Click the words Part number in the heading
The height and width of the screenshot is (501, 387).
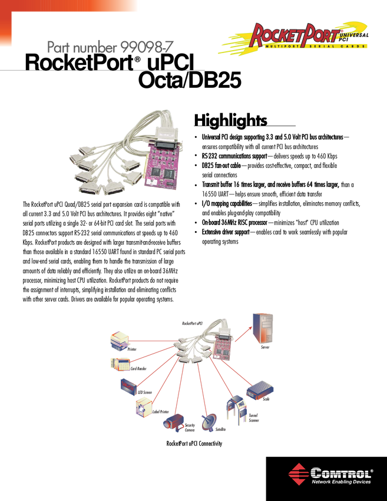82,49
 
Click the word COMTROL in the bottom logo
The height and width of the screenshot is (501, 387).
342,472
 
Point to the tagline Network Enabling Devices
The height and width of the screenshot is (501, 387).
341,482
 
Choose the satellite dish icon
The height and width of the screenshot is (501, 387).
210,422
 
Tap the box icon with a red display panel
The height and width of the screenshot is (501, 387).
128,385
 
